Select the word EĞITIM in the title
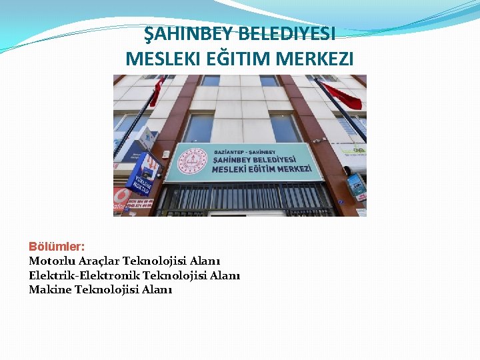pyautogui.click(x=221, y=59)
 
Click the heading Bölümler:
pyautogui.click(x=56, y=247)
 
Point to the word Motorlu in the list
pyautogui.click(x=51, y=261)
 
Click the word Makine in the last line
pyautogui.click(x=50, y=289)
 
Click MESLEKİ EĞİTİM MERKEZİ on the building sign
pyautogui.click(x=261, y=169)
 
